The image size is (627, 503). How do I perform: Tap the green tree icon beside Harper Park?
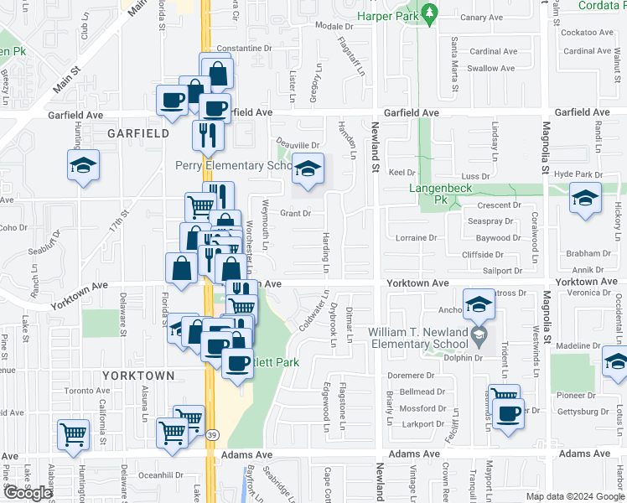tap(429, 14)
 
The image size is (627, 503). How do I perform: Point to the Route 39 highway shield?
tap(212, 434)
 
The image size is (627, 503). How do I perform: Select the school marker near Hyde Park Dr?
tap(583, 198)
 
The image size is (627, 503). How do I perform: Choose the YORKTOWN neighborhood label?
tap(138, 376)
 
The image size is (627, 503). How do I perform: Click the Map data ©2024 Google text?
tap(575, 496)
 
